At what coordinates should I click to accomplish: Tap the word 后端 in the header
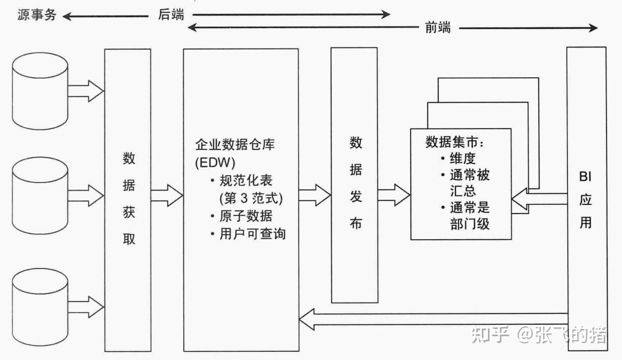(171, 15)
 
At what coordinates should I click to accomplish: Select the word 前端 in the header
(438, 28)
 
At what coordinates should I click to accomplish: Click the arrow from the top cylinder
(86, 90)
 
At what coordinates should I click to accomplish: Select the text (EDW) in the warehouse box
(215, 163)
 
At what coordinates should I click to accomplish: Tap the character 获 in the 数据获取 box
(129, 213)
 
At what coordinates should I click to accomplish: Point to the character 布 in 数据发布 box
(356, 224)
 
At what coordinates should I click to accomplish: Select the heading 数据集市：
(455, 142)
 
